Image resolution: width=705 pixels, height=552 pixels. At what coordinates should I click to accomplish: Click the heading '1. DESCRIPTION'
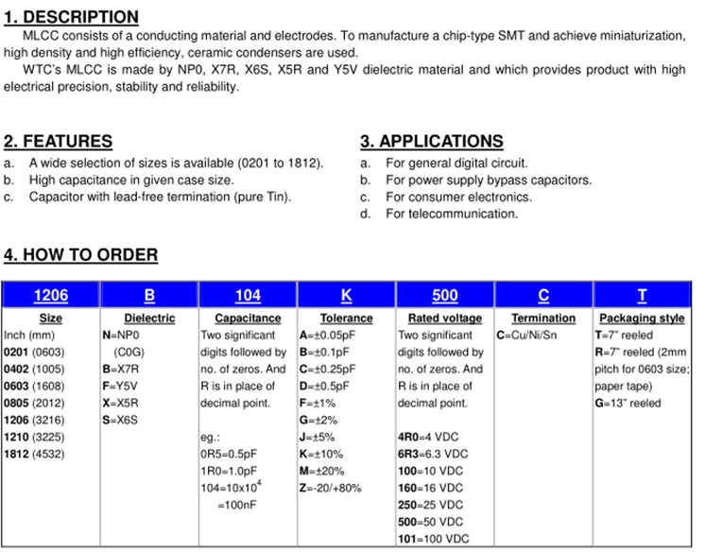(71, 17)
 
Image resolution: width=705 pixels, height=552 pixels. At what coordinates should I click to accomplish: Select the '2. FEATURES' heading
(58, 142)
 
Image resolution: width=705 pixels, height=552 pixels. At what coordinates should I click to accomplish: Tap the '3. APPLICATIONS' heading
(431, 142)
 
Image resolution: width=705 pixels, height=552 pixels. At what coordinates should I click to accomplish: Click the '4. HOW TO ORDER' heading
(80, 255)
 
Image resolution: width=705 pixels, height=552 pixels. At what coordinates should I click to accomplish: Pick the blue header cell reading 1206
(50, 295)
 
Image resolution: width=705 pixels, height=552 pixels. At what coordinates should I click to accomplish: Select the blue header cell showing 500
(444, 295)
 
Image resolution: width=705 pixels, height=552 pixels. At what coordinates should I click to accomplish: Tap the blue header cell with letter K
(346, 295)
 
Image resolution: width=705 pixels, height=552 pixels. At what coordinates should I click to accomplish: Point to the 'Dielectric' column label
(149, 319)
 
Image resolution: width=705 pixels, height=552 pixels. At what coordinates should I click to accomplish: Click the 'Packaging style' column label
(642, 319)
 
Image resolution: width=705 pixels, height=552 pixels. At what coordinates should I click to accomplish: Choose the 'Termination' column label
(542, 319)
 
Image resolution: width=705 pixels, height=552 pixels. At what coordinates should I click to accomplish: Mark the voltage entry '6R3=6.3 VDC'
(433, 454)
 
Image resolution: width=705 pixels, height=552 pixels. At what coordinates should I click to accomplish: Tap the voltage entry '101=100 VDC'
(433, 539)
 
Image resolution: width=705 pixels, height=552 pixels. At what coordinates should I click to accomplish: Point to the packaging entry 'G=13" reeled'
(628, 403)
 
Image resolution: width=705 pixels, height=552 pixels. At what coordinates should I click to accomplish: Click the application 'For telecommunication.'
(452, 214)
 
